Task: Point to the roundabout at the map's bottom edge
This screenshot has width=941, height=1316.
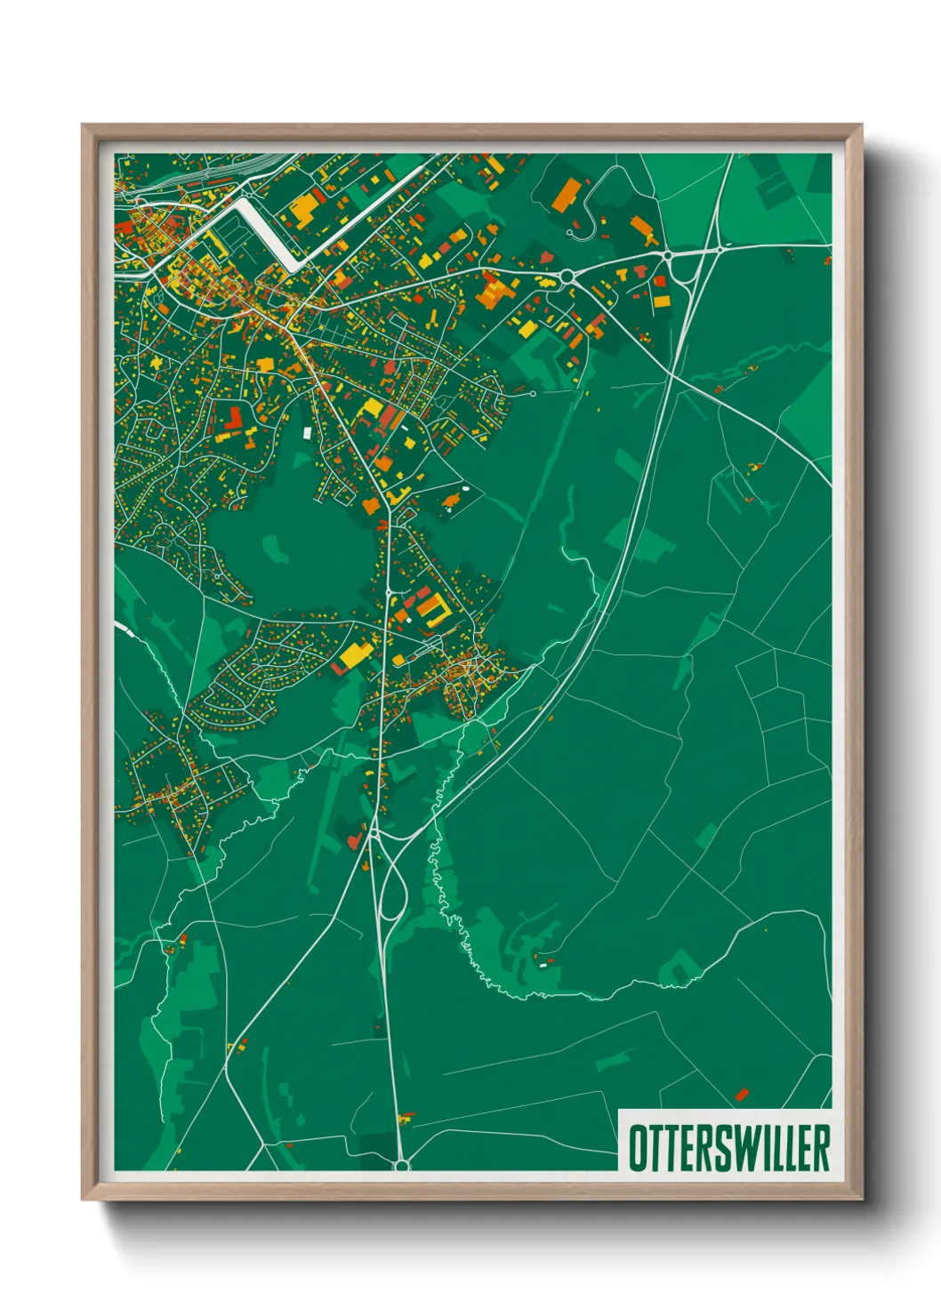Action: pos(401,1164)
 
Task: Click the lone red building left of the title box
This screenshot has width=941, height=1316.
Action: pos(743,1094)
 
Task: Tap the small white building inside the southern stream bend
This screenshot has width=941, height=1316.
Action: pos(542,964)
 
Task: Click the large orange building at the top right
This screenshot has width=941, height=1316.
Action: pos(566,195)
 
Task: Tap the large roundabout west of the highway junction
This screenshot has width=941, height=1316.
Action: pos(567,277)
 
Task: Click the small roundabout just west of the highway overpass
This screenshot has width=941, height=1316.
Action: pos(667,256)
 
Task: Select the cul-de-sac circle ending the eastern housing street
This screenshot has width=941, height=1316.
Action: pos(533,393)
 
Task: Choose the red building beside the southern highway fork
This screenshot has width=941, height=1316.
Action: pos(354,839)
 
